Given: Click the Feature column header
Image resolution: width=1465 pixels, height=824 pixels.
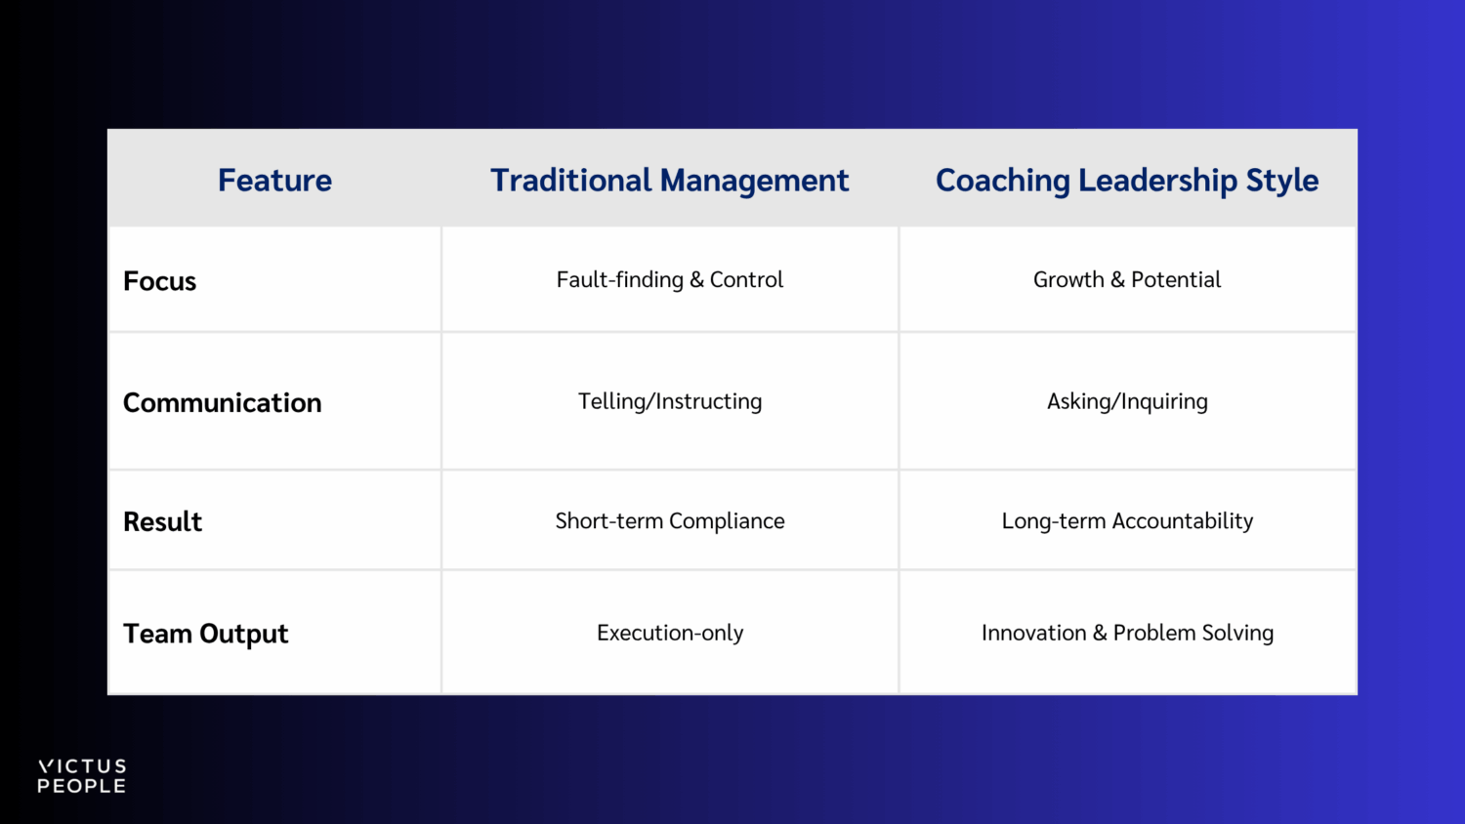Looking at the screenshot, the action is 274,180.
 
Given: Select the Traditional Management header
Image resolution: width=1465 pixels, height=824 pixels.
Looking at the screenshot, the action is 670,180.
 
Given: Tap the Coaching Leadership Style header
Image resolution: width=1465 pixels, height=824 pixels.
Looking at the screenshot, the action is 1127,181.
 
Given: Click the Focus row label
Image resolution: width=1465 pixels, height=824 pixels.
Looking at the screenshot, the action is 159,281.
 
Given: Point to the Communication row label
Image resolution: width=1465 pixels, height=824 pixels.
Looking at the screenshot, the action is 223,403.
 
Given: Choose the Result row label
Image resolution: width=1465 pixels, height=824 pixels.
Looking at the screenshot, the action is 163,522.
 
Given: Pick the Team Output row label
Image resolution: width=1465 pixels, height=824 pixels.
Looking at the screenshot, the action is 206,634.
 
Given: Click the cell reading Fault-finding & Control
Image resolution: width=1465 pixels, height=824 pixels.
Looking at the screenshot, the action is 670,280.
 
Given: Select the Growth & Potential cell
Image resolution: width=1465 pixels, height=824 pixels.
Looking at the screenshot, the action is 1127,280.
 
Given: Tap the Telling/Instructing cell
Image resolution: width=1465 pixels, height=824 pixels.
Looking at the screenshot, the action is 670,401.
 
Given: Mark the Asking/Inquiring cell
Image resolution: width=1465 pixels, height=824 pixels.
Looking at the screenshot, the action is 1127,401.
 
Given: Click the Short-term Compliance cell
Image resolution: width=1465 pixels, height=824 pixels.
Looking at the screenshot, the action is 670,521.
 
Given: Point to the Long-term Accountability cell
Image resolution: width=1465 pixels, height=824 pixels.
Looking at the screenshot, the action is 1127,521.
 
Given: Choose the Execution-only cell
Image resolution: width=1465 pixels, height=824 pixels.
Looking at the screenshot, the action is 670,633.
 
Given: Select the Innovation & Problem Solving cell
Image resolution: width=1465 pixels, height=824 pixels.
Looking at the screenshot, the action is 1127,633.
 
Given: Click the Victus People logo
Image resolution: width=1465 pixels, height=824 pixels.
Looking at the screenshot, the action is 82,776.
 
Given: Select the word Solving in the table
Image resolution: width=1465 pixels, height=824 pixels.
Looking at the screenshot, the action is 1237,634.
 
